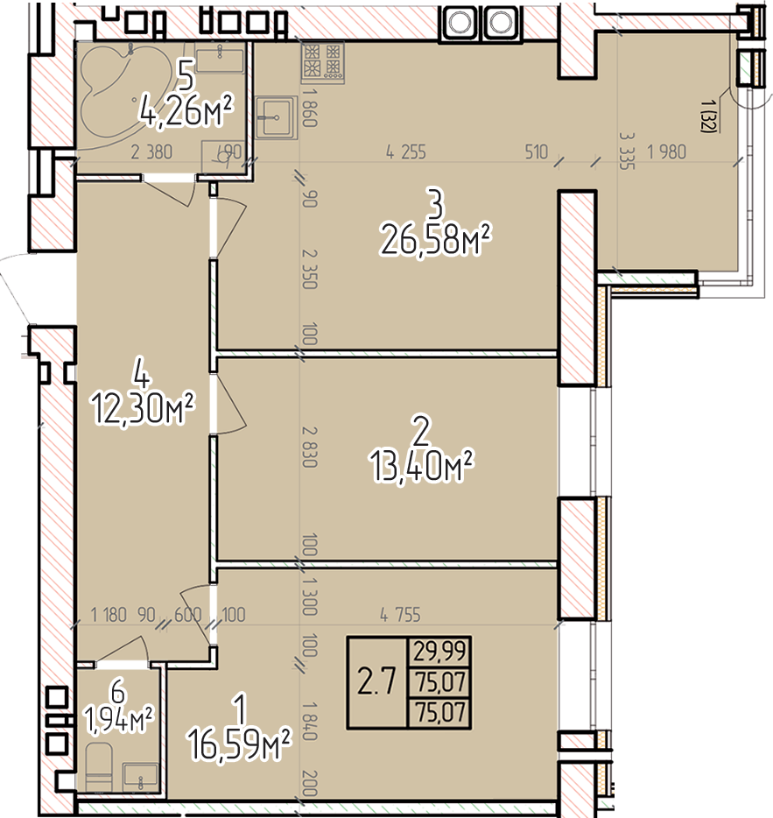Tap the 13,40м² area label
point(421,466)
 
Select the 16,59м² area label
point(239,744)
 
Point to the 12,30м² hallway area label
point(143,408)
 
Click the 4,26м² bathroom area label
point(186,110)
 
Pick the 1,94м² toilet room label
point(119,721)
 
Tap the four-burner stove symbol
point(322,61)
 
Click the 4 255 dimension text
point(406,152)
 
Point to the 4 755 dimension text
point(400,615)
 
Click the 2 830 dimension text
point(309,447)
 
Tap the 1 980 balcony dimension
point(666,152)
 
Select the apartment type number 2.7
point(376,681)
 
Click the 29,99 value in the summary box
point(439,651)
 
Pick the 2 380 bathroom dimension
point(151,152)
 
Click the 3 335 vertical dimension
point(627,151)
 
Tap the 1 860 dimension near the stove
point(309,108)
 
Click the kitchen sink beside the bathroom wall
point(277,117)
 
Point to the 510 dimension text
point(536,152)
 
